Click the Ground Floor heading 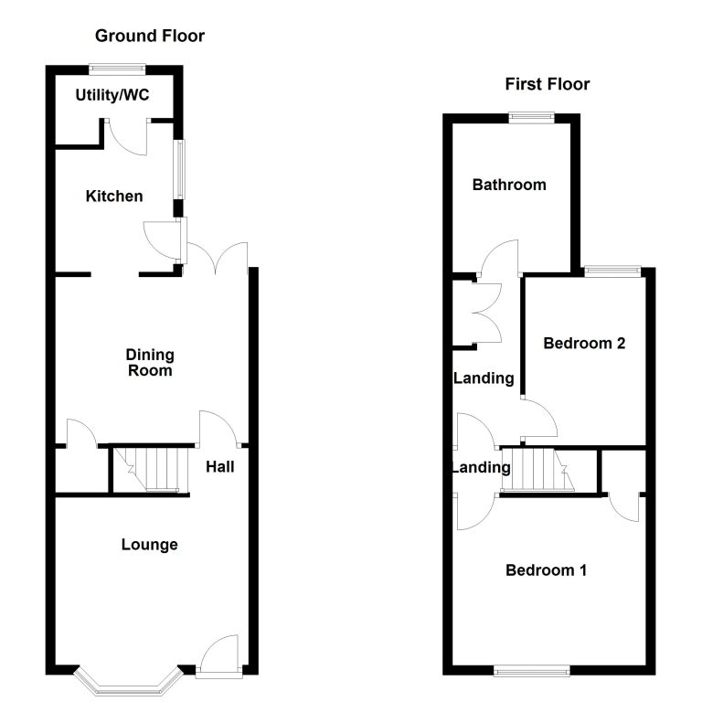coord(150,36)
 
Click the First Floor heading coord(548,84)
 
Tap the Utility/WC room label coord(112,95)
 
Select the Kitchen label coord(114,197)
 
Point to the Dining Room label coord(150,363)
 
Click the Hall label coord(219,467)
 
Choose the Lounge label coord(150,545)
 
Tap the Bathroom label coord(509,185)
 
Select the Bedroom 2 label coord(584,343)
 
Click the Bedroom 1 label coord(546,570)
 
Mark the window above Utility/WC coord(117,69)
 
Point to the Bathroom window coord(531,117)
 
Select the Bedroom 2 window coord(613,271)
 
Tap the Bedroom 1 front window coord(531,670)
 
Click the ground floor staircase coord(150,469)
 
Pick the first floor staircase coord(537,470)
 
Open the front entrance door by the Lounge coord(219,654)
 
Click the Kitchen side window coord(179,169)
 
